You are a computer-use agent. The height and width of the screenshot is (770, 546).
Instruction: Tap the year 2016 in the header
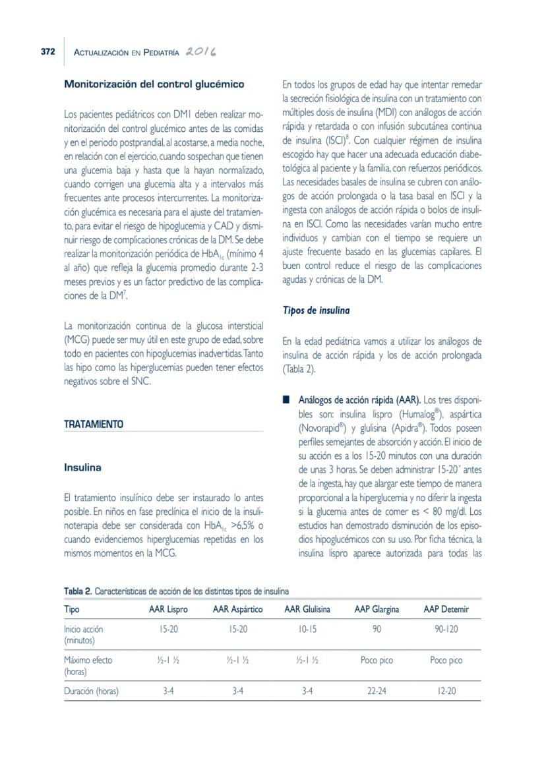[202, 51]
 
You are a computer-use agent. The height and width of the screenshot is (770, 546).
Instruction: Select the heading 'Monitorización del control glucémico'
[154, 84]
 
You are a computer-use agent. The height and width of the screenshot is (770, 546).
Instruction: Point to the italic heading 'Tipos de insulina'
[316, 310]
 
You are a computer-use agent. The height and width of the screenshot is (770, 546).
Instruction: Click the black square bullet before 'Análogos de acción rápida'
[286, 400]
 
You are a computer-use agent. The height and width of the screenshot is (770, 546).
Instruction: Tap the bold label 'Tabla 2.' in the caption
[78, 591]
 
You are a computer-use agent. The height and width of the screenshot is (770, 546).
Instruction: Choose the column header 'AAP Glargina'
[377, 609]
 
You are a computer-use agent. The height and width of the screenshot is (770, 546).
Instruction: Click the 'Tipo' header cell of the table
[72, 609]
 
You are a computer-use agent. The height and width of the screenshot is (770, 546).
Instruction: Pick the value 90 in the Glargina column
[377, 630]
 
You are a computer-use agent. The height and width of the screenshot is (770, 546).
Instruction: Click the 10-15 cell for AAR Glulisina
[307, 630]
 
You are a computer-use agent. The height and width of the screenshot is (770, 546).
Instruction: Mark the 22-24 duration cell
[377, 692]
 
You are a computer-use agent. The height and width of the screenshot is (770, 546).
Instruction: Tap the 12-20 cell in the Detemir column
[446, 692]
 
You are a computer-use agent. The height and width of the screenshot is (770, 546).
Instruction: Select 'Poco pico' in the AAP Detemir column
[446, 660]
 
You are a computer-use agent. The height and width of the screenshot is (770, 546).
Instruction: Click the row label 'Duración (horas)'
[92, 692]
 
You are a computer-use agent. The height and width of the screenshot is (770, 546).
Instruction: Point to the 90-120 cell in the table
[446, 630]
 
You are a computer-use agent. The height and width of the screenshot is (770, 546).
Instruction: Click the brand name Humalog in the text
[417, 415]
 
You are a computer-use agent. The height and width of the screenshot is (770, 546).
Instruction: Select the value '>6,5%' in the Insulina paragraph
[238, 525]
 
